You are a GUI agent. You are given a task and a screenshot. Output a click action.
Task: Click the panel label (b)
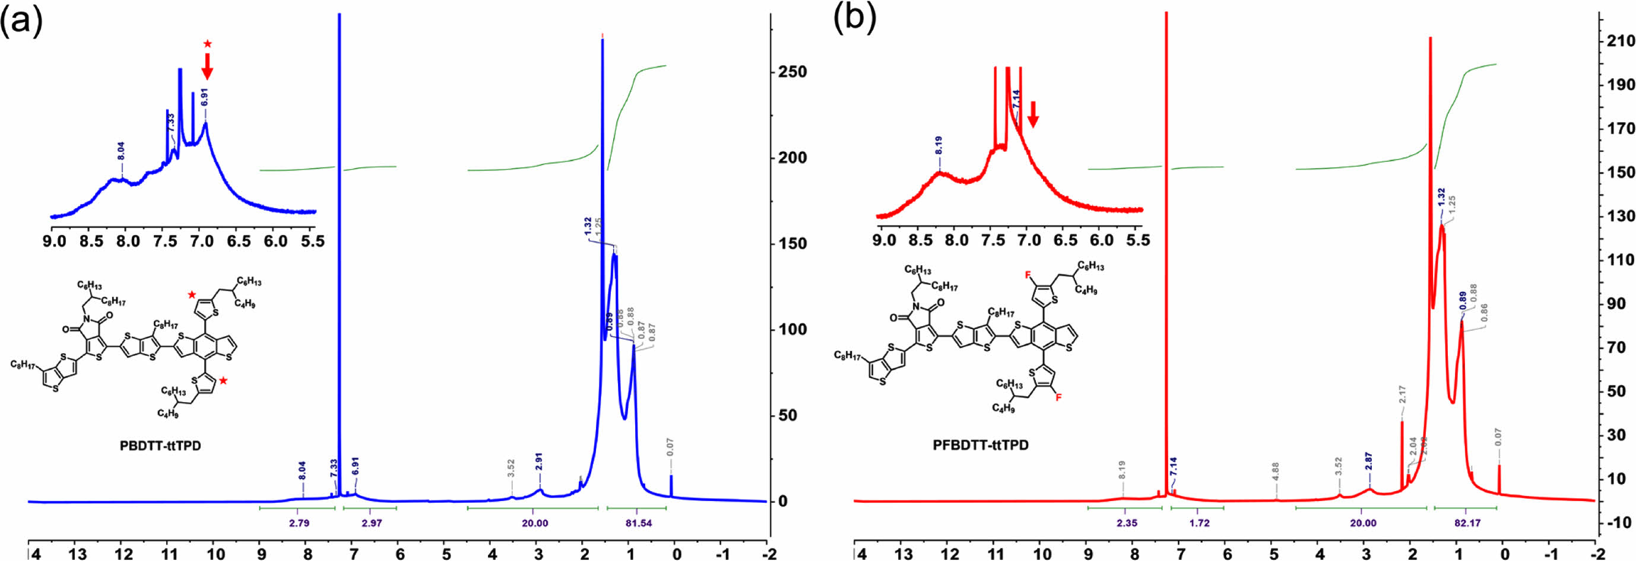tap(855, 18)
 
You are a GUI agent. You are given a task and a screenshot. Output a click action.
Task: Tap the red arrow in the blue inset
tap(207, 66)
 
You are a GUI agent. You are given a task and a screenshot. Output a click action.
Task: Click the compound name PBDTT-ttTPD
tap(160, 446)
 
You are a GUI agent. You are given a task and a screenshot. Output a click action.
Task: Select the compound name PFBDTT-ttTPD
tap(981, 445)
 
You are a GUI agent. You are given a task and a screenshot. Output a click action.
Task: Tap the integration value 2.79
tap(299, 523)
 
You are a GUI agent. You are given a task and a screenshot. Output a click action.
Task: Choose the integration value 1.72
tap(1199, 523)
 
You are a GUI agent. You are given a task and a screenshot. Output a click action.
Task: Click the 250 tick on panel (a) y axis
tap(792, 72)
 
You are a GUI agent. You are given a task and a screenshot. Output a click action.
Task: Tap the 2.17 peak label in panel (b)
tap(1402, 394)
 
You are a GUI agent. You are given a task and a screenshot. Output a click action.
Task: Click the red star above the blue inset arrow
tap(208, 44)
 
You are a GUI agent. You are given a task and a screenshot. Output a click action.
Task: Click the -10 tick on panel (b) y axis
tap(1621, 522)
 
